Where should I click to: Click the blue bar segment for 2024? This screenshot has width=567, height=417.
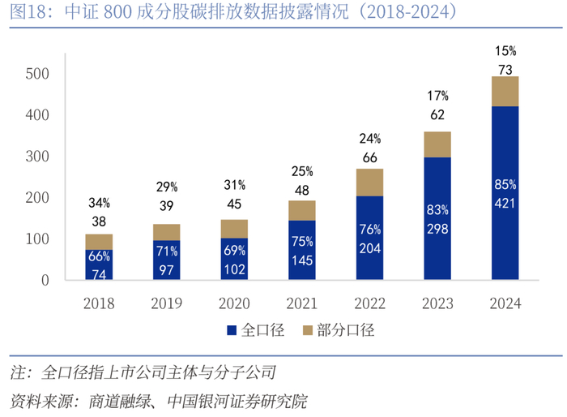(x=505, y=193)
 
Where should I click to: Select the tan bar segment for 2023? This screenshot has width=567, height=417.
(x=437, y=144)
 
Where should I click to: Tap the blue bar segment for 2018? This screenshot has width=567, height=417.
(x=99, y=264)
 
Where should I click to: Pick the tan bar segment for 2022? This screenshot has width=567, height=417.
(x=369, y=183)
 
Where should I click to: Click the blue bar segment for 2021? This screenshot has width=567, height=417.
(x=302, y=250)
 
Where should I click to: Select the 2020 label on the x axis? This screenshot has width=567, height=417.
(x=234, y=303)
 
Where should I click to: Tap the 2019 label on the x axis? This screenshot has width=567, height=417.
(x=167, y=303)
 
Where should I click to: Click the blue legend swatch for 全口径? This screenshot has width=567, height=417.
(x=231, y=330)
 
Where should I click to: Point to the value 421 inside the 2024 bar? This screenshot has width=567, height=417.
(x=505, y=203)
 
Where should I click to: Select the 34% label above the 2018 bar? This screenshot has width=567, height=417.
(x=99, y=202)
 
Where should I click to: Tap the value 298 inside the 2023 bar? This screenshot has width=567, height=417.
(x=437, y=229)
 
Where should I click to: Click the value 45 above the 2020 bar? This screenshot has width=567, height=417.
(x=234, y=204)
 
